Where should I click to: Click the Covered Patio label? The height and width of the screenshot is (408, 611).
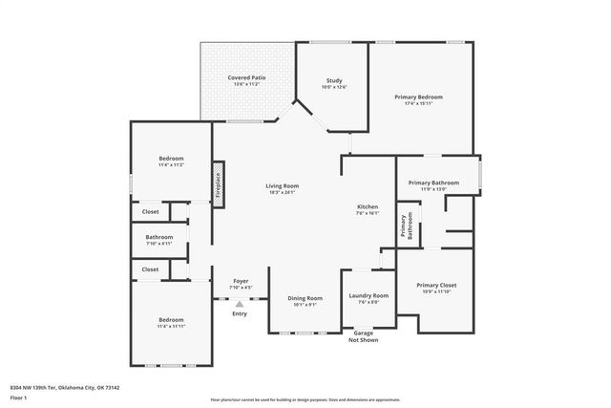point(246,80)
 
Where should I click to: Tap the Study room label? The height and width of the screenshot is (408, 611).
point(333,83)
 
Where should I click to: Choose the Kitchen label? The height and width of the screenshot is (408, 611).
point(369,209)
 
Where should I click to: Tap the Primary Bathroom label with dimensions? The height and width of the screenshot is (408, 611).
point(433,185)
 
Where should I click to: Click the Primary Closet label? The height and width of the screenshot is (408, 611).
point(435,289)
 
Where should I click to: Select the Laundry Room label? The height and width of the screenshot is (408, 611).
point(369,299)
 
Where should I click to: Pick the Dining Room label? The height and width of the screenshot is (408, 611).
point(305,301)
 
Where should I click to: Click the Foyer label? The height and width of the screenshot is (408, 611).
point(241,284)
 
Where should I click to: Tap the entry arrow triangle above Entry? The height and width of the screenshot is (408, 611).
point(240,304)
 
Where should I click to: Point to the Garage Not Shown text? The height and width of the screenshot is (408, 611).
point(363,336)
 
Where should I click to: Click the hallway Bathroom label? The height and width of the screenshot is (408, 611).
point(159,240)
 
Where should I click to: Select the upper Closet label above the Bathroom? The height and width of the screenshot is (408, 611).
point(151,211)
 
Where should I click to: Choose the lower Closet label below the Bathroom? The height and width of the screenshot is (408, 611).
point(151,269)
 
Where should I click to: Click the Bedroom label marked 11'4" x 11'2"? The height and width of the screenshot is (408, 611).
point(171,161)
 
